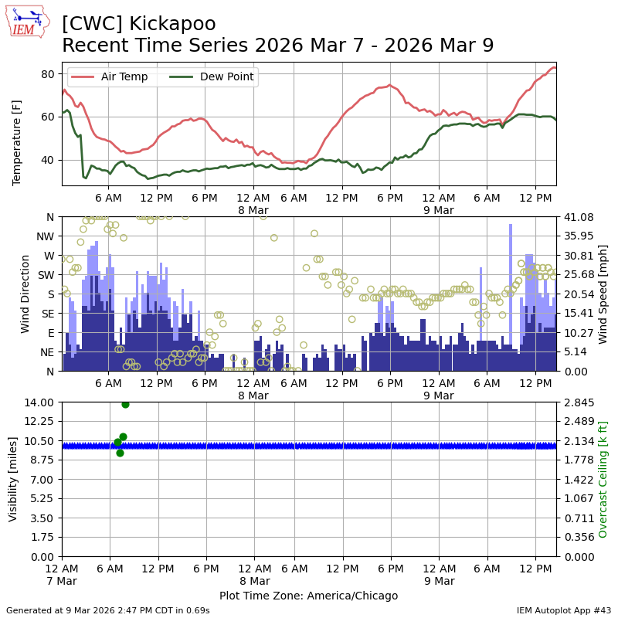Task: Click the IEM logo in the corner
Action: (28, 22)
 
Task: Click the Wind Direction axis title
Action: (25, 294)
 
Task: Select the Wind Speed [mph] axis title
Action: (603, 294)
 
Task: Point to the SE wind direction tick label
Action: (48, 314)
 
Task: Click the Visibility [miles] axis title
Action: (13, 479)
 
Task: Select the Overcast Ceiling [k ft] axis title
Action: (603, 479)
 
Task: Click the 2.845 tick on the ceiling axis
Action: (576, 402)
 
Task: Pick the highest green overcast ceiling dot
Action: (125, 404)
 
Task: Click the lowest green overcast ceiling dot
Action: (120, 453)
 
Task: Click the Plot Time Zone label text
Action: (308, 596)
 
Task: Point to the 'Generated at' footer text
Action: (108, 610)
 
